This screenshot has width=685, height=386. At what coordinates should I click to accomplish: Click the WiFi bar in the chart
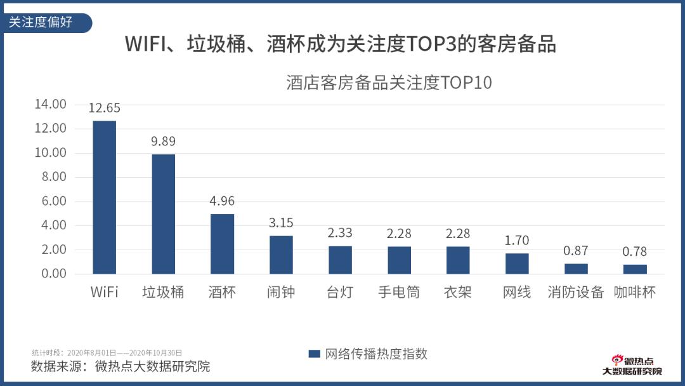tap(105, 197)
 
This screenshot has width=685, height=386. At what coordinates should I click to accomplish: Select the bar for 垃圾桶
tap(164, 213)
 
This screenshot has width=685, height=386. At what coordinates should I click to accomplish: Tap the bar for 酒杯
tap(222, 243)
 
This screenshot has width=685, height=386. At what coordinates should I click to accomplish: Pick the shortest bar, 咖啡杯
tap(635, 269)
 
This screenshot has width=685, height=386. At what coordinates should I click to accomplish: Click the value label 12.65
tap(105, 108)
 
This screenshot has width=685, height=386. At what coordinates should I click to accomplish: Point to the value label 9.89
tap(164, 142)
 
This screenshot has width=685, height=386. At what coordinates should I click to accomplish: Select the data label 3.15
tap(281, 223)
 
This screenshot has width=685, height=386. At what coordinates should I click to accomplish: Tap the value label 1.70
tap(517, 241)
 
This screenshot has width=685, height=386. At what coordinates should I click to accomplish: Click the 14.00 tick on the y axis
tap(50, 104)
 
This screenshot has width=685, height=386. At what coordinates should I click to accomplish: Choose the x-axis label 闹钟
tap(281, 293)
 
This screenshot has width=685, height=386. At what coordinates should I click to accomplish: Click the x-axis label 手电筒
tap(399, 293)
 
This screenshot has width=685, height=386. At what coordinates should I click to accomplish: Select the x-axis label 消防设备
tap(576, 293)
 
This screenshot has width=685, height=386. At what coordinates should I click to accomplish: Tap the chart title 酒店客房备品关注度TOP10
tap(389, 83)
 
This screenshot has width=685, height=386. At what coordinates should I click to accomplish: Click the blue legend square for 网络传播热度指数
tap(313, 354)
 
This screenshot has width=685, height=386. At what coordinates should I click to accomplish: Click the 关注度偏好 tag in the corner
tap(42, 22)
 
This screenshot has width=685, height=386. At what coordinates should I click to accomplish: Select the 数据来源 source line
tap(121, 366)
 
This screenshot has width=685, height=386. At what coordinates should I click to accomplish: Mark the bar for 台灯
tap(340, 260)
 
